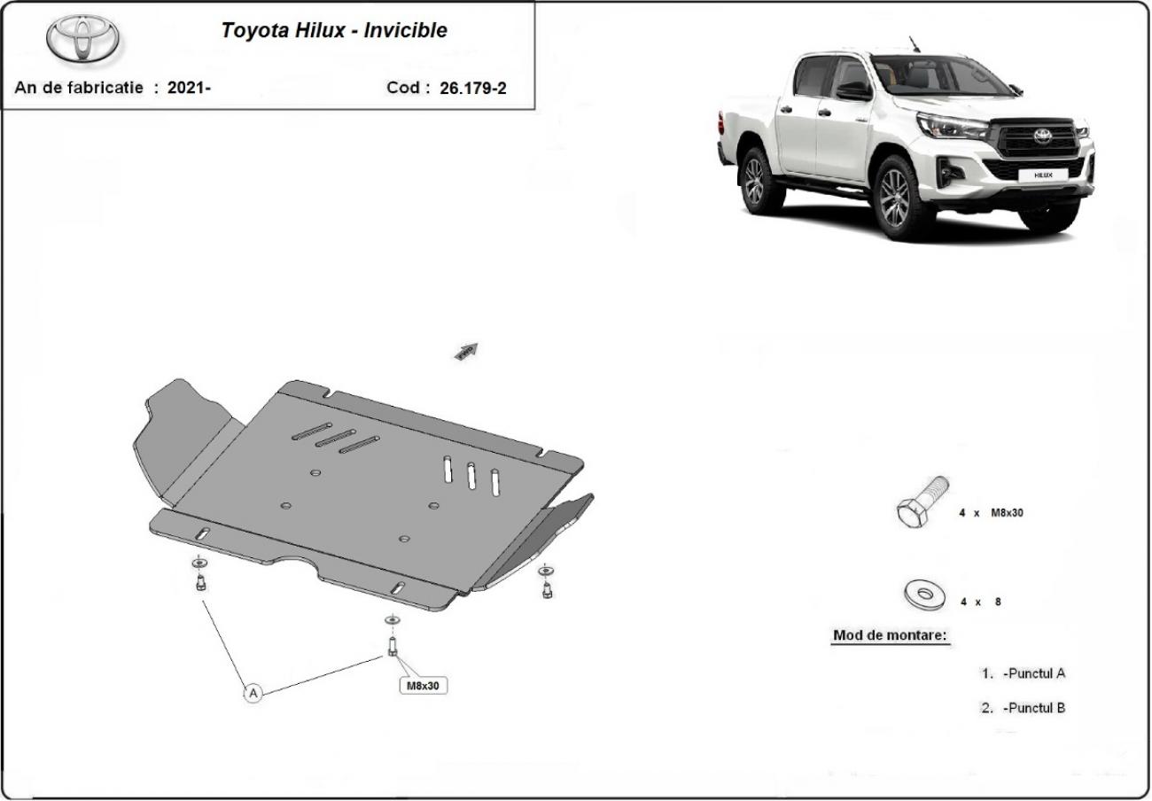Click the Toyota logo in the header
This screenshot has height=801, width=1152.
click(x=82, y=39)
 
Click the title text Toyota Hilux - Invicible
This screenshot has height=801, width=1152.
click(x=334, y=30)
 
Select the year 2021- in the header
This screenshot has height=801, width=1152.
click(x=189, y=88)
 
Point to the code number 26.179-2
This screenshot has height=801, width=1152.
click(x=472, y=88)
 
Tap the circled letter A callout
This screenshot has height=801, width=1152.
click(x=253, y=693)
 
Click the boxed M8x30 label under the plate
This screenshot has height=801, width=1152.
click(x=423, y=685)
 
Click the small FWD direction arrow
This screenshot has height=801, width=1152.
click(x=466, y=352)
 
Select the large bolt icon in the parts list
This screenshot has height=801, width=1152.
click(x=922, y=502)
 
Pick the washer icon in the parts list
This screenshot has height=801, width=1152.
click(x=924, y=595)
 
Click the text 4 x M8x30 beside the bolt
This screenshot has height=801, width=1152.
click(x=991, y=512)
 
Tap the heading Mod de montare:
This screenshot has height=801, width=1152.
click(x=890, y=635)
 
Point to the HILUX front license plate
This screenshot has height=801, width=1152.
click(x=1043, y=175)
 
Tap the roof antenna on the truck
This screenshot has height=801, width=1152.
click(x=914, y=44)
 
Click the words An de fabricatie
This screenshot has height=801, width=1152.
click(x=79, y=88)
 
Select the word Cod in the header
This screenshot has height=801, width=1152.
click(x=403, y=88)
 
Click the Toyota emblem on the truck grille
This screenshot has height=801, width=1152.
click(x=1043, y=136)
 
